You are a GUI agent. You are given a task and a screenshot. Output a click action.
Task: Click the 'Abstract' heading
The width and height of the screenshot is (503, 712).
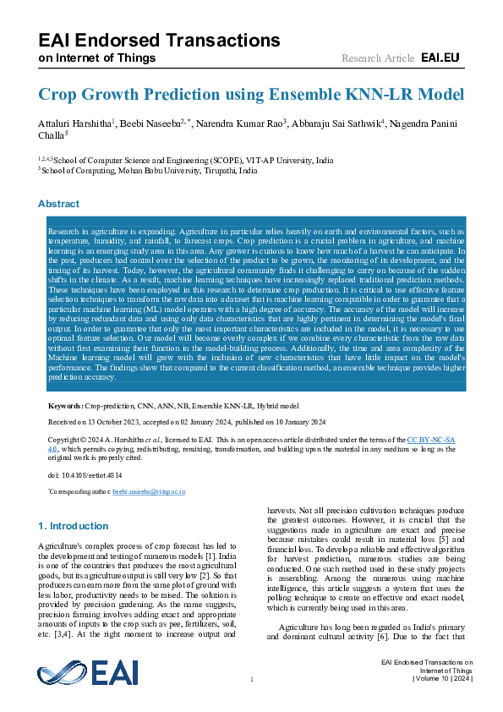coord(59,204)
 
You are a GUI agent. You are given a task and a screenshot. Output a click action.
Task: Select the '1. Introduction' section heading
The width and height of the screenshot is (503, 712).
coord(74,525)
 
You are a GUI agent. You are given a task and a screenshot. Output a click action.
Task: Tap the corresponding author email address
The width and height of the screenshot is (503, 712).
coord(150,491)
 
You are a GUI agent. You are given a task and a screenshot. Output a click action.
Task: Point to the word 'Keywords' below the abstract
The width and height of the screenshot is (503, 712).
coord(65,407)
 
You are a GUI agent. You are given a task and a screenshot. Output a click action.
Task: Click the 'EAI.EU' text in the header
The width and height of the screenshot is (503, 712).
coord(440,58)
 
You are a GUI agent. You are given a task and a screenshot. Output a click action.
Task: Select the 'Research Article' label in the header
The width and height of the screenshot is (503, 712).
coord(377,58)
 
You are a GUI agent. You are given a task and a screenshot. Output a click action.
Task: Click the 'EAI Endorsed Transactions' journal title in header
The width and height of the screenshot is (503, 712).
coord(159,41)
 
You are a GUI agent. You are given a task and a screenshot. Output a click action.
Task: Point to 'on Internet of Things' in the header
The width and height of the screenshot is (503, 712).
coord(98,58)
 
